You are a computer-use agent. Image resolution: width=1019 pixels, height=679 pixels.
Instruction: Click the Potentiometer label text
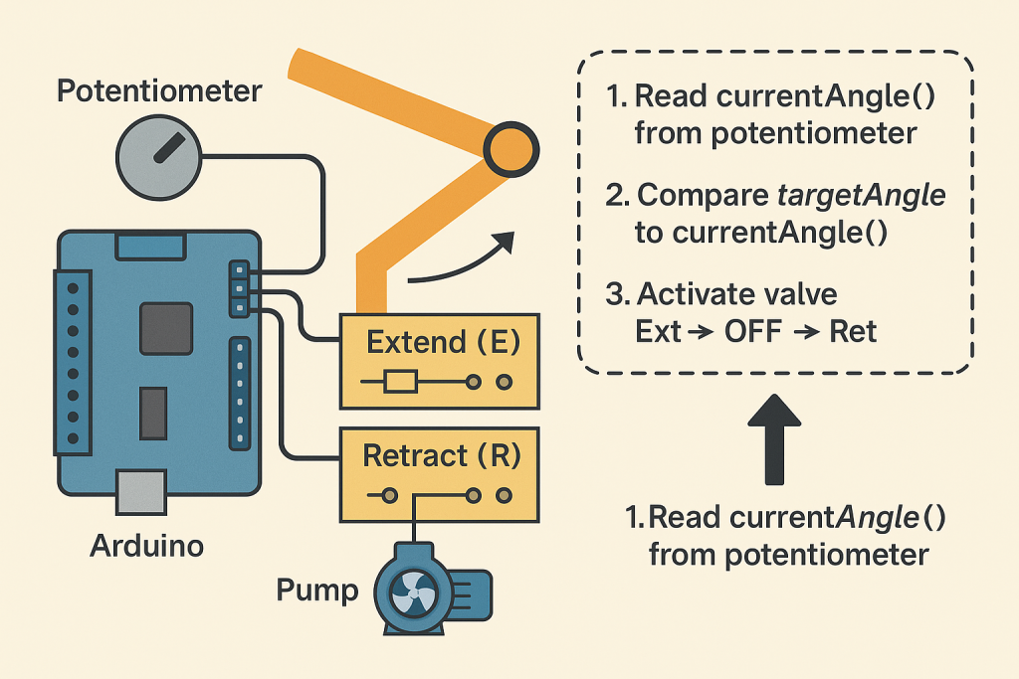click(159, 92)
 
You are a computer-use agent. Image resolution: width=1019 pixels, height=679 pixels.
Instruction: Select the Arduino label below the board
click(147, 545)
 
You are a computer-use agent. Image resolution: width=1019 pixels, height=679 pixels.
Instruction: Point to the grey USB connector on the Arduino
click(139, 491)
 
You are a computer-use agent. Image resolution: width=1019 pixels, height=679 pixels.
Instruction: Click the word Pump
click(317, 591)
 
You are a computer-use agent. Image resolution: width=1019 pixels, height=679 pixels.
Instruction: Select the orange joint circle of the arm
click(510, 148)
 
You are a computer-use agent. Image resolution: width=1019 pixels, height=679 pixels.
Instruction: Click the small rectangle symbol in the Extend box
click(400, 382)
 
